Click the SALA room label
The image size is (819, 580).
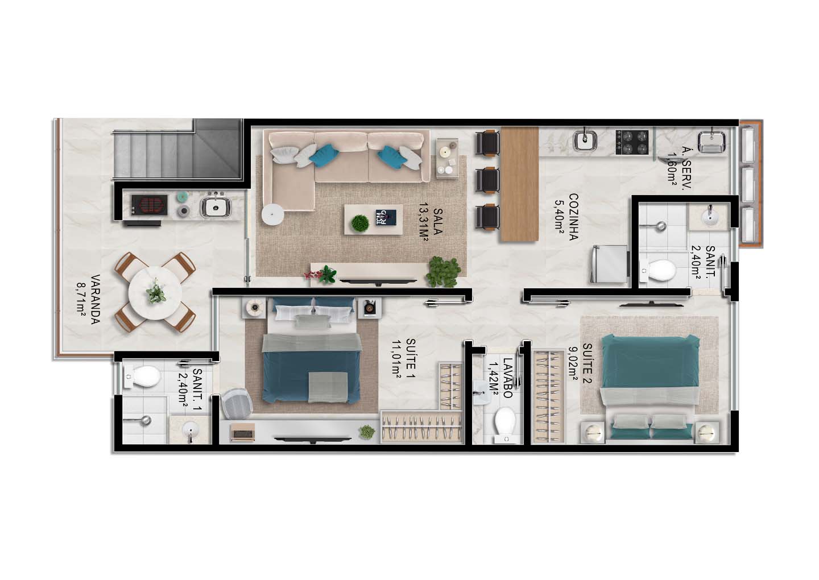(438, 221)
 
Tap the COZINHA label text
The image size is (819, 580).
(573, 217)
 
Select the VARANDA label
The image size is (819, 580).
(95, 299)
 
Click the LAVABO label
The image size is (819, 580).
(507, 378)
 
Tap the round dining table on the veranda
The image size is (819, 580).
(155, 293)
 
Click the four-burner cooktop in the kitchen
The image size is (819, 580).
(632, 142)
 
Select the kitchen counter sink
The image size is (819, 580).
(585, 140)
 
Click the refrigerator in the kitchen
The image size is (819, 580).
(609, 263)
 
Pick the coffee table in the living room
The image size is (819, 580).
(373, 219)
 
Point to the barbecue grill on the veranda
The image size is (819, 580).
(149, 205)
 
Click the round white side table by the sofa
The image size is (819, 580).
(273, 214)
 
